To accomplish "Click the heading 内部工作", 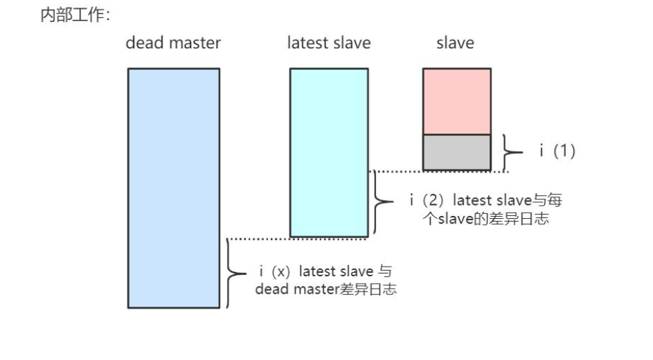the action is [71, 15].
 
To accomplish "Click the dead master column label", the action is [173, 43].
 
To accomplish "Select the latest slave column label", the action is [329, 43].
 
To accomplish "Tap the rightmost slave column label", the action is [455, 43].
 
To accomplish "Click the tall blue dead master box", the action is [173, 188].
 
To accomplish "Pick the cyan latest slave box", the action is [329, 152].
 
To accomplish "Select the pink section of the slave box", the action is [456, 101].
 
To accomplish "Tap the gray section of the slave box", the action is [456, 152].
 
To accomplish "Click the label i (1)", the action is [557, 151].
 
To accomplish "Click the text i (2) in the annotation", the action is [427, 200].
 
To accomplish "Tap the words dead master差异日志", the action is [325, 289].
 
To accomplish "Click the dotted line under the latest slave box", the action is [298, 239].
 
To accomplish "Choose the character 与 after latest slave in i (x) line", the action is [384, 271].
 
